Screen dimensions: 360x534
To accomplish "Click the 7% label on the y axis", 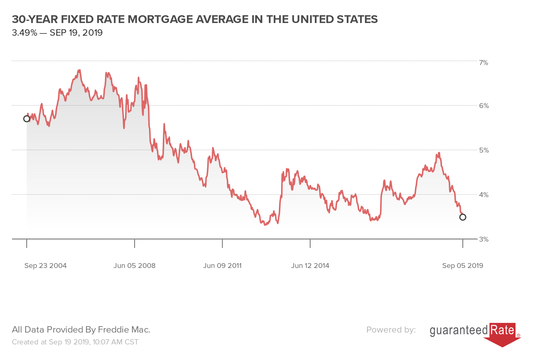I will point(483,63).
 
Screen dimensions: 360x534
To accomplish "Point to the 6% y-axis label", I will point(484,106).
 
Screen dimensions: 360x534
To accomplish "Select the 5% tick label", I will point(484,150).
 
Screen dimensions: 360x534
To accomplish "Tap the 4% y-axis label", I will point(484,194).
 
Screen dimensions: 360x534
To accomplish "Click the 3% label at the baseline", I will point(484,239).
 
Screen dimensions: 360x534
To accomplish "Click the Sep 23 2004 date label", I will point(45,266).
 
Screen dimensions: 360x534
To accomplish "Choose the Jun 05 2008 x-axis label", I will point(134,266).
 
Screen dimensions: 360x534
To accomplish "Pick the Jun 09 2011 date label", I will point(222,266).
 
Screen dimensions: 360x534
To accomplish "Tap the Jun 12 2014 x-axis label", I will point(310,266).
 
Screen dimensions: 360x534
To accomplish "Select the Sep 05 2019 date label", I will point(462,266).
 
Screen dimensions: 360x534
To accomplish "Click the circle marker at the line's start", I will point(27,119).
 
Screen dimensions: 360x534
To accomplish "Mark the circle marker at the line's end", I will point(462,217).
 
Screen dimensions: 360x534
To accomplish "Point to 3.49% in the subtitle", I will point(24,33).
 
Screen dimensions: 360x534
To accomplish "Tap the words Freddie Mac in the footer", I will point(124,330).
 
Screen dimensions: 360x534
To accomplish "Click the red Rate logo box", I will point(502,330).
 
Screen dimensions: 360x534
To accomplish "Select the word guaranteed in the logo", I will point(459,330).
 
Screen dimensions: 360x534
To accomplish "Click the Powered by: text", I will point(391,330).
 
